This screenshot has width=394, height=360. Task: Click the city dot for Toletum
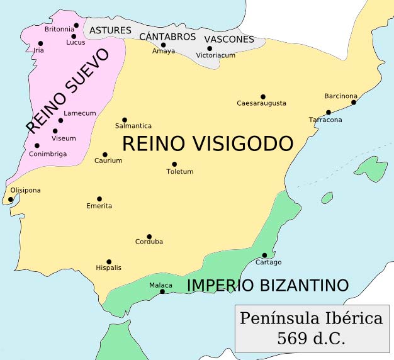174,164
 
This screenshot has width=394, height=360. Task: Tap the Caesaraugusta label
261,103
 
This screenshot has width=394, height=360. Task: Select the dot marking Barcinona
354,103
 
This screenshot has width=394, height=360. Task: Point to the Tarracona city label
325,120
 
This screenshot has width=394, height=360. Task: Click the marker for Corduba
149,237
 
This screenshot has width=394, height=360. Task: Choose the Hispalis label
108,268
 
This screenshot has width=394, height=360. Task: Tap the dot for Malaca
162,291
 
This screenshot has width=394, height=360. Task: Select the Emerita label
99,206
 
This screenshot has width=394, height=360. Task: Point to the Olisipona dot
11,200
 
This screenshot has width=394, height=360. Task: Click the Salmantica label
133,126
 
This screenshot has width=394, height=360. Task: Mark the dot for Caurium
104,154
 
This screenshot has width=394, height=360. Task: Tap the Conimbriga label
48,154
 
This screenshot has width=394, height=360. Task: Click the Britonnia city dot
76,26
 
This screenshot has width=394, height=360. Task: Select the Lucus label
76,43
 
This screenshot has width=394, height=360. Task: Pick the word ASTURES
110,30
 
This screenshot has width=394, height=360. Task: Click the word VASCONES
229,39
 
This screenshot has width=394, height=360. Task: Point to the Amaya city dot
163,45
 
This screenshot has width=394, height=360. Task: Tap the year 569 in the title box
290,338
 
